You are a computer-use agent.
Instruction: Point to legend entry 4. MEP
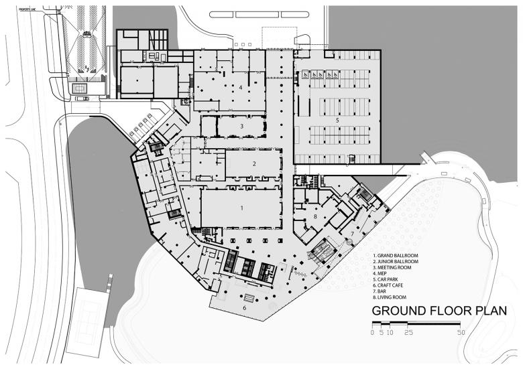[x=384, y=274]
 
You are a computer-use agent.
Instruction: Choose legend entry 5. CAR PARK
[x=390, y=280]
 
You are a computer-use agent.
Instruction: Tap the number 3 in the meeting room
[x=241, y=126]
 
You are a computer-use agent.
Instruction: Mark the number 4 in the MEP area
[x=239, y=88]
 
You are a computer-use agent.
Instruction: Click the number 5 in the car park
[x=338, y=121]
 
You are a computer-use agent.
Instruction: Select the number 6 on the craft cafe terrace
[x=244, y=309]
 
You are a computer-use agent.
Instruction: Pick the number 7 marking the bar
[x=351, y=233]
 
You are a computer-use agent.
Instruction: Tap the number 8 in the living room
[x=314, y=217]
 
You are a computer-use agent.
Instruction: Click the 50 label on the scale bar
[x=460, y=332]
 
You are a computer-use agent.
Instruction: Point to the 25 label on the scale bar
[x=408, y=332]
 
